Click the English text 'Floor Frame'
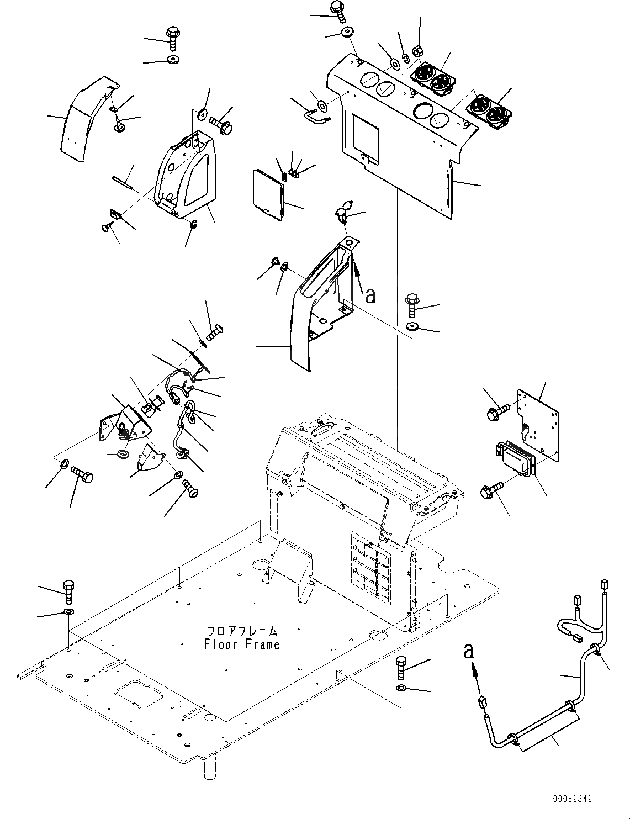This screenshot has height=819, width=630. (241, 644)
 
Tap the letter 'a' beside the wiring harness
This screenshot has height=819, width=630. (469, 652)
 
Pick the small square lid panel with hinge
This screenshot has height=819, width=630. (267, 193)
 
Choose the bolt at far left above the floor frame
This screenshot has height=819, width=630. (68, 591)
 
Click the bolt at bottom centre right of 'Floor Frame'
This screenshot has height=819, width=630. (401, 668)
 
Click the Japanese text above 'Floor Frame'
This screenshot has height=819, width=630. (242, 631)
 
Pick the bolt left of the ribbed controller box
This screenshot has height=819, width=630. (493, 488)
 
